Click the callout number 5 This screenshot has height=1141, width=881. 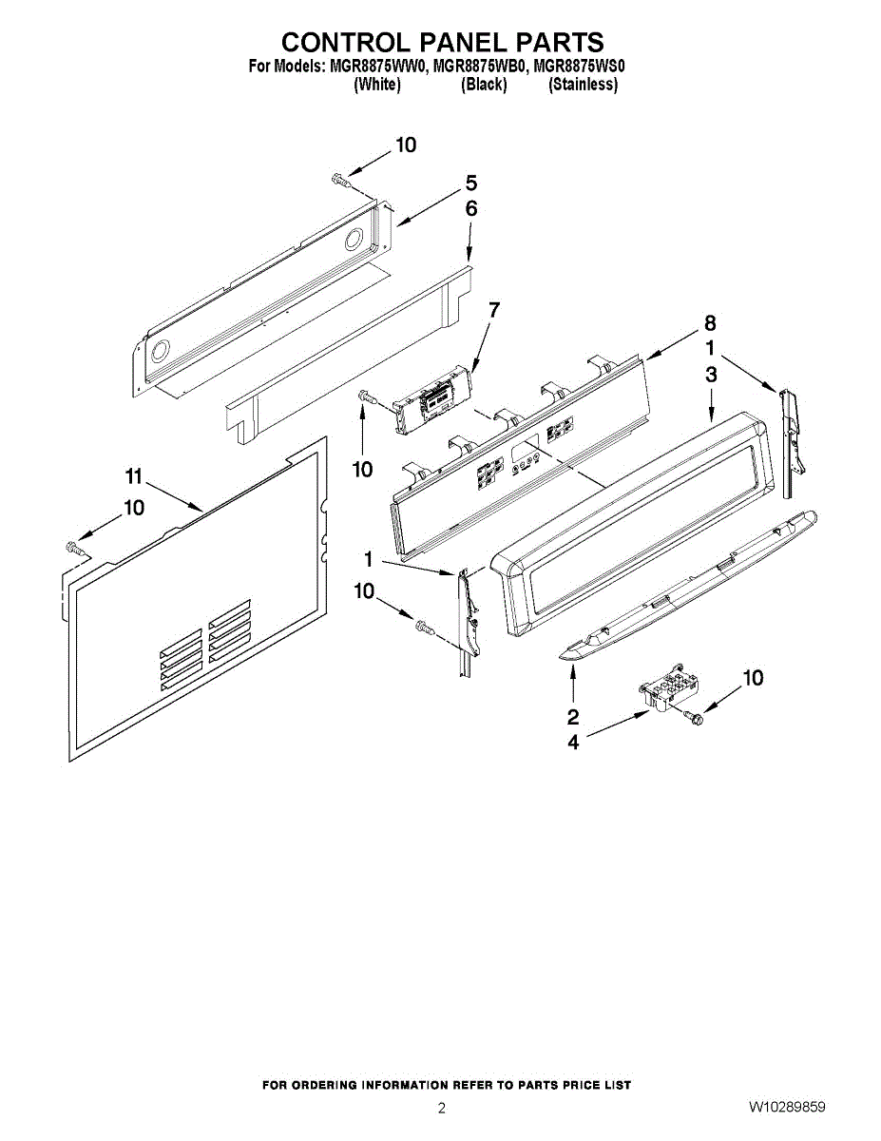click(x=470, y=184)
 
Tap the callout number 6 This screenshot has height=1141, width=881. click(x=470, y=209)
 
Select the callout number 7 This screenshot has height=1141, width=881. click(x=493, y=310)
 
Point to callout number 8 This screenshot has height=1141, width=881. click(x=710, y=322)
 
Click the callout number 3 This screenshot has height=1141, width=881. click(x=711, y=376)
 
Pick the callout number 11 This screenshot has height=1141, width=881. click(x=133, y=475)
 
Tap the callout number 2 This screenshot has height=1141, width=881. click(x=573, y=716)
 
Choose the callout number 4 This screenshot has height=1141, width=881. click(x=573, y=743)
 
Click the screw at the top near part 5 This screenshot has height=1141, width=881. click(x=339, y=178)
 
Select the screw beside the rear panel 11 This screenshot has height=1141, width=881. click(x=73, y=547)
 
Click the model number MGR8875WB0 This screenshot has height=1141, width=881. click(x=479, y=67)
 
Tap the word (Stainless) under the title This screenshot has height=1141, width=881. click(x=583, y=85)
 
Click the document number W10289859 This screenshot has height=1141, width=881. click(x=786, y=1107)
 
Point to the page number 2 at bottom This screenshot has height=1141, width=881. click(x=441, y=1108)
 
